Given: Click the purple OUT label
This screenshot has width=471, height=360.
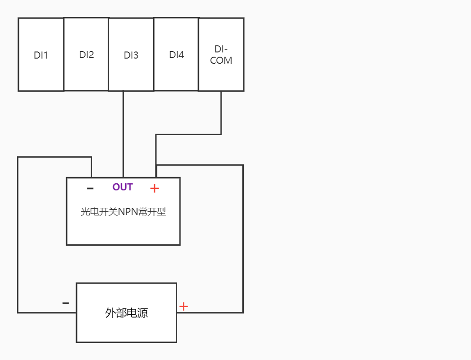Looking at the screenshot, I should tap(122, 187).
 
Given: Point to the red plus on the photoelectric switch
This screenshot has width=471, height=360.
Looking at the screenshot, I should tap(154, 189).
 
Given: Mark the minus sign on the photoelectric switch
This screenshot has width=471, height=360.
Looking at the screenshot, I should tap(90, 189).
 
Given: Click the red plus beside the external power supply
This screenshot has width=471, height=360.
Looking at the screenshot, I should tap(183, 307).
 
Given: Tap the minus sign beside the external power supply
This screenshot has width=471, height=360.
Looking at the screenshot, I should tap(66, 303).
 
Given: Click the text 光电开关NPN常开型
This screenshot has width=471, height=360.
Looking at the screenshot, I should tap(123, 212).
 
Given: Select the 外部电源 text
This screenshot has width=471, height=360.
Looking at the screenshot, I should tap(126, 313).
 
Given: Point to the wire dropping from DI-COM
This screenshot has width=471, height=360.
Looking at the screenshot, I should tap(221, 113).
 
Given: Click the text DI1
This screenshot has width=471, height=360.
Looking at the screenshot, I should tap(41, 55).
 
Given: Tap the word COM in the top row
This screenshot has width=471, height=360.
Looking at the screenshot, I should tap(221, 61).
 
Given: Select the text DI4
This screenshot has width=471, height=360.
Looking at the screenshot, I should tap(176, 55).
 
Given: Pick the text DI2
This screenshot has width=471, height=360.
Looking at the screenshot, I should tap(86, 55).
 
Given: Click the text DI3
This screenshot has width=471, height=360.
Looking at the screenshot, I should tap(131, 55).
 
